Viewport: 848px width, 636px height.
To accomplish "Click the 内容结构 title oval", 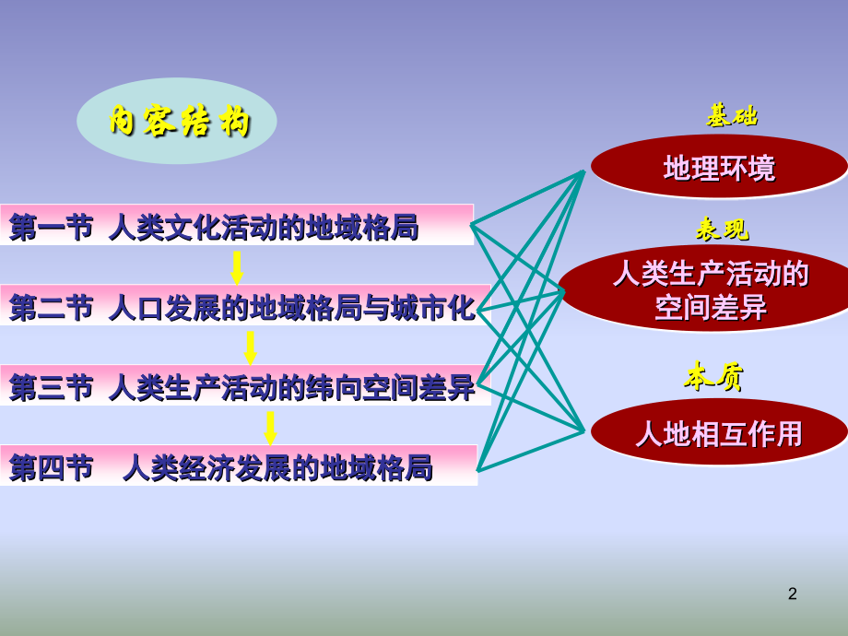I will click(177, 121).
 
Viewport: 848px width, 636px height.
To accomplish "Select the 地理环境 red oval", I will click(719, 168).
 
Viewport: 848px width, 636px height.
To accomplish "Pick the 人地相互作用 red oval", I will click(719, 432).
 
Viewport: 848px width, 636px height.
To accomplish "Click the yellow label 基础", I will click(732, 116).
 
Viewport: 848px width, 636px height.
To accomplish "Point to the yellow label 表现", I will click(722, 229).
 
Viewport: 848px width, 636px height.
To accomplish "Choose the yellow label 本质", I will click(714, 376).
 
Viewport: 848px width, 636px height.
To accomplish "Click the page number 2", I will click(793, 595).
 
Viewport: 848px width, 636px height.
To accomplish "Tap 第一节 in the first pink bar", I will click(51, 226).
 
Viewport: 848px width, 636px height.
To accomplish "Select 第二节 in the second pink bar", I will click(51, 307).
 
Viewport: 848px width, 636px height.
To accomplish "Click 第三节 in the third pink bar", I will click(51, 388).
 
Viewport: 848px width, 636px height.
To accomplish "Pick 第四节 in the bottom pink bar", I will click(51, 468).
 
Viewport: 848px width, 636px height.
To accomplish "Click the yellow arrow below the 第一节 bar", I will click(237, 266).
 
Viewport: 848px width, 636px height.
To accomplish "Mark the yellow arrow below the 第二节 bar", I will click(250, 347).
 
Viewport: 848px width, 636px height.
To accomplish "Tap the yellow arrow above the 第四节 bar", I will click(270, 428).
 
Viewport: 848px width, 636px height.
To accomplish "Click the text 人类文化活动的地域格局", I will click(263, 226).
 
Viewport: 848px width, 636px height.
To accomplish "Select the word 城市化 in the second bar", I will click(447, 307).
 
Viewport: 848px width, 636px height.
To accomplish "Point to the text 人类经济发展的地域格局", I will click(277, 468).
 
